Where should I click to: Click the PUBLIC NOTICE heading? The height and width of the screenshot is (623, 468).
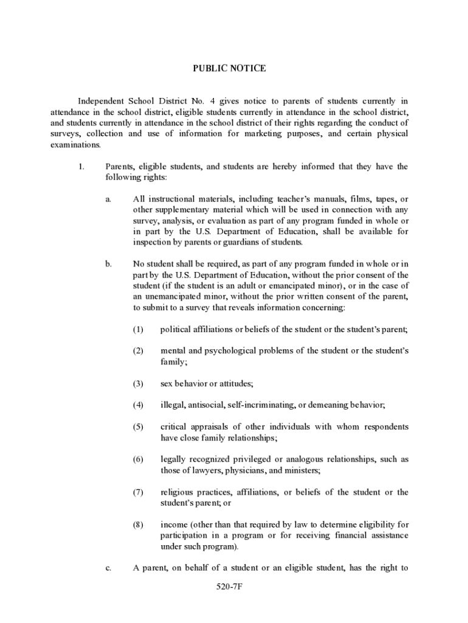pos(229,69)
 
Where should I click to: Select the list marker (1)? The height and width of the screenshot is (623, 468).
pos(138,330)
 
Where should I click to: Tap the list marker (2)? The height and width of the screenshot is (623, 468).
pos(138,351)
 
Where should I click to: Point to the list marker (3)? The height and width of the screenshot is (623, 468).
pos(138,383)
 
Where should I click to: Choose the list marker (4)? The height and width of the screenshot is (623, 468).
pos(138,405)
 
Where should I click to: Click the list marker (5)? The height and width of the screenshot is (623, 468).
pos(138,426)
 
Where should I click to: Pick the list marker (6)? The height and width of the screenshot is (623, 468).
pos(138,459)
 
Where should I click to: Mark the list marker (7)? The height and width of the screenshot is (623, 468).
pos(138,492)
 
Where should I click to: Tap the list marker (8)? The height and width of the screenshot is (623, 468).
pos(138,524)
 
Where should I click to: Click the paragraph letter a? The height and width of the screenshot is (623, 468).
pos(108,199)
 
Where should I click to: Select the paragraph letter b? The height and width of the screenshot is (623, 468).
pos(108,264)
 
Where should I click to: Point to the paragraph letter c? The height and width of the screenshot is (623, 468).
pos(108,568)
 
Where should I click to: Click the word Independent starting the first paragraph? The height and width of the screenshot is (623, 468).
pos(100,101)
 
